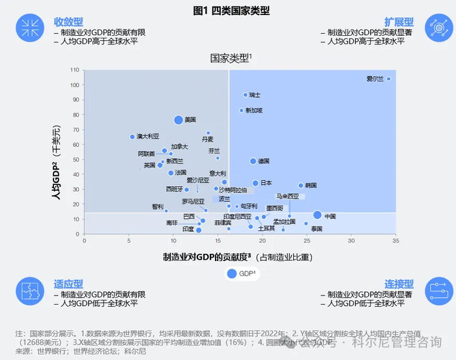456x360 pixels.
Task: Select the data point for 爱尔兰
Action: tap(389, 79)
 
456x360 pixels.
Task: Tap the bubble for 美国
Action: tap(178, 120)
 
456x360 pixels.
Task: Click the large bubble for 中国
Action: tap(317, 215)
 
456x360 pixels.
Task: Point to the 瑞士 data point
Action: tap(245, 95)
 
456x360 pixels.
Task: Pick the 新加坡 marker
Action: tap(241, 111)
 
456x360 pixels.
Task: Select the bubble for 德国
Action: tap(253, 161)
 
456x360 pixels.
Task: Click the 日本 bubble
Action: tap(255, 184)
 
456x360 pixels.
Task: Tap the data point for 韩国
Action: tap(301, 186)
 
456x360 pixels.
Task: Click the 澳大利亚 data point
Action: tap(132, 137)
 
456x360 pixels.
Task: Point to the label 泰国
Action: tap(317, 229)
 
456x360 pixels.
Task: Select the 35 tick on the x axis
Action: tap(351, 241)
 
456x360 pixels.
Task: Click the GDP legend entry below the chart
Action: tap(241, 274)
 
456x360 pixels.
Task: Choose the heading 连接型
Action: tap(399, 284)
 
